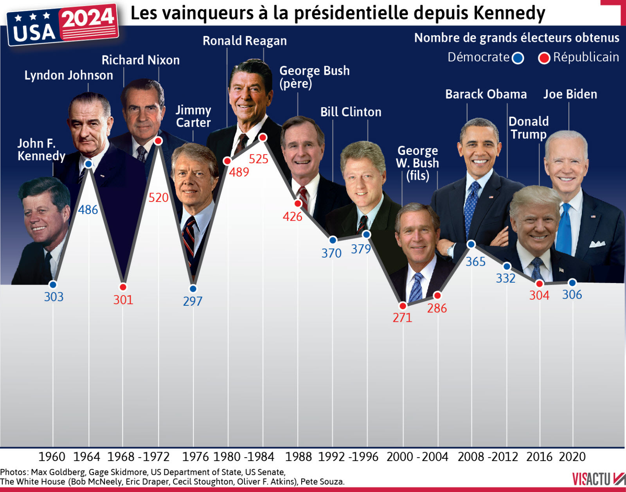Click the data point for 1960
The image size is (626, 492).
tap(53, 285)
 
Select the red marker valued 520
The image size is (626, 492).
tap(158, 141)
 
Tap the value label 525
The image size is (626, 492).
tap(259, 159)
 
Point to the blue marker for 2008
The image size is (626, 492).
tap(471, 244)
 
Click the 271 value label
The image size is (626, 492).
tap(402, 317)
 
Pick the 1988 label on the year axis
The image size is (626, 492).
tap(298, 457)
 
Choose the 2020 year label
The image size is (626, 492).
tap(572, 457)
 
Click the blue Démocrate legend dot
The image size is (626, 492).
tap(518, 58)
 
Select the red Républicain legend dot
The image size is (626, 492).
tap(544, 58)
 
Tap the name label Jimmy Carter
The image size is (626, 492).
tap(193, 116)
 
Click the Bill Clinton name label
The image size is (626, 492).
tap(351, 112)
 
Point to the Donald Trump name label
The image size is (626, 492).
tap(529, 128)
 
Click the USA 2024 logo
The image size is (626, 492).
tap(63, 25)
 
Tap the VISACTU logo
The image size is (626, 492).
tap(598, 479)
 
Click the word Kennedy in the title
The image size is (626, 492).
tap(509, 13)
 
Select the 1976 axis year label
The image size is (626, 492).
tap(196, 457)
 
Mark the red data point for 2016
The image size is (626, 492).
tap(540, 284)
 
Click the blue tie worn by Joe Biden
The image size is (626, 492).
tap(564, 231)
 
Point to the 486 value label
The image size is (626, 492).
tap(88, 210)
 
